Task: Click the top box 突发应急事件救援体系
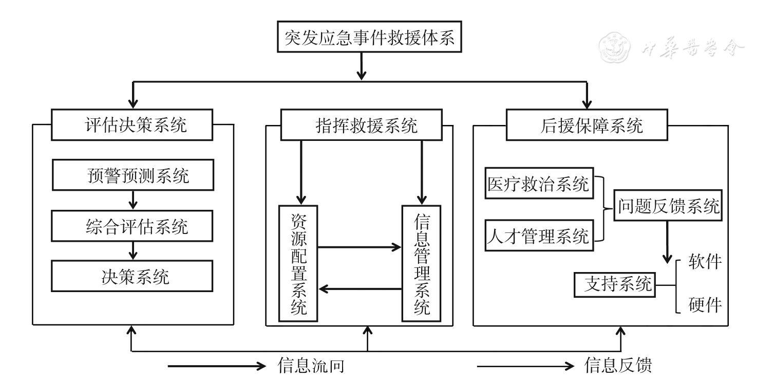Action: tap(369, 38)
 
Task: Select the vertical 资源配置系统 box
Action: tap(298, 263)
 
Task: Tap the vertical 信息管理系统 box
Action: tap(421, 263)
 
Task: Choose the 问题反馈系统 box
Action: tap(668, 208)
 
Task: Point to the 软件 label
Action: tap(705, 263)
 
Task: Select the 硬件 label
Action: tap(705, 305)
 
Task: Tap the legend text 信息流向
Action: tap(310, 366)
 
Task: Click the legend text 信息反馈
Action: tap(618, 366)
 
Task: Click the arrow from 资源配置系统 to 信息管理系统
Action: tap(359, 247)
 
